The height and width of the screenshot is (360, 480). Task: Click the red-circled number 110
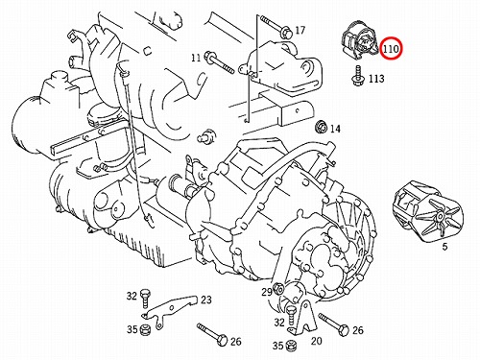click(391, 49)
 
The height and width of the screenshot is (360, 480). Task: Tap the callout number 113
click(376, 79)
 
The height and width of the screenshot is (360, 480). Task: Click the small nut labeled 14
click(321, 127)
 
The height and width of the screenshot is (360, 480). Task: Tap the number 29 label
click(267, 292)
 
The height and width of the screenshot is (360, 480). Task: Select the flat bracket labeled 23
click(169, 309)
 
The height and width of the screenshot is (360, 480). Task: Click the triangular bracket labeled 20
click(303, 317)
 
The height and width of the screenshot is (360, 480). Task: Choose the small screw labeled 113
click(357, 76)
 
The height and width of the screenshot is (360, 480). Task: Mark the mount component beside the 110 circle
click(360, 40)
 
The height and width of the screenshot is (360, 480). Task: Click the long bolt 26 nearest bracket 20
click(333, 324)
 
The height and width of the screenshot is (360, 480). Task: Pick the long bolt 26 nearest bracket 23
click(212, 334)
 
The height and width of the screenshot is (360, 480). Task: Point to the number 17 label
click(300, 31)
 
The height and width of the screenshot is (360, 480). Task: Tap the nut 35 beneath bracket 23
click(145, 328)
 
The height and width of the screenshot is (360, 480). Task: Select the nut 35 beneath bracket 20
click(290, 345)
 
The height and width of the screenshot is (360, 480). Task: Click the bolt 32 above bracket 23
click(145, 298)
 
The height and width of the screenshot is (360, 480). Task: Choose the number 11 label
click(196, 58)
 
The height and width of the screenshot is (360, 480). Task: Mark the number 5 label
click(444, 247)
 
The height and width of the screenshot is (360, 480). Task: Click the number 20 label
click(317, 341)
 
